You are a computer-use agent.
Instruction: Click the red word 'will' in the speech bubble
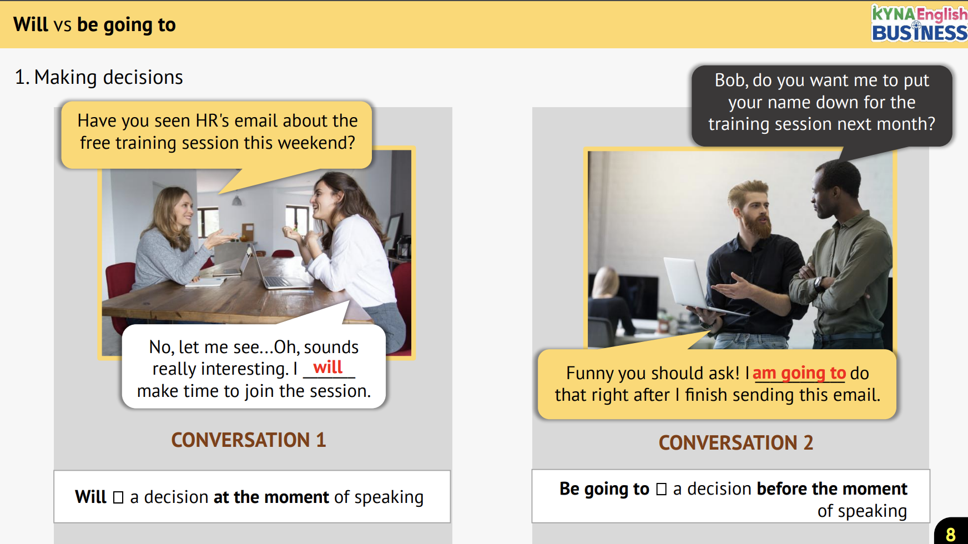(327, 367)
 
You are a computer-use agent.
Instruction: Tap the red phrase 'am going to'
(799, 373)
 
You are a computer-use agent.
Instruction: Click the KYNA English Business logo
(919, 23)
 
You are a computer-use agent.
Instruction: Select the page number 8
(951, 535)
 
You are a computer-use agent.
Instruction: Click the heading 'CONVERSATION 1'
(248, 440)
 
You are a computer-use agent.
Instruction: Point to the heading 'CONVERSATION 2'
(736, 443)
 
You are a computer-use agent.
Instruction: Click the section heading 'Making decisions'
(108, 78)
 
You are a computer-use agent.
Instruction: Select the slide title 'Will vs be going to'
(94, 25)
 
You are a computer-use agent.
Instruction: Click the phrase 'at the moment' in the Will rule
(271, 497)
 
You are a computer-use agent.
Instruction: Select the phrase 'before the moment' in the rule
(832, 488)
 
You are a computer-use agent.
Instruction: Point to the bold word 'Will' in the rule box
(90, 497)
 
